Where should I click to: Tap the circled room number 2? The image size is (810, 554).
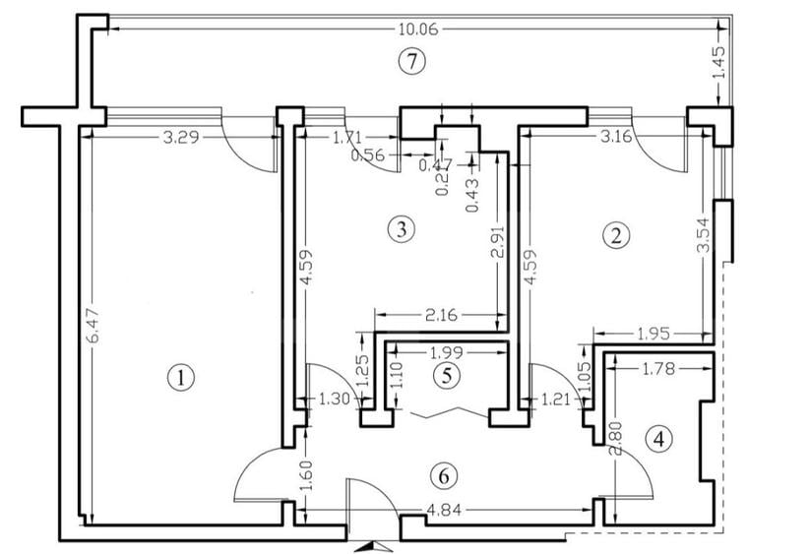[617, 235]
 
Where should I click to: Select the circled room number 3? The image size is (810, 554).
[399, 229]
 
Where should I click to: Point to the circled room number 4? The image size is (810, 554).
[660, 439]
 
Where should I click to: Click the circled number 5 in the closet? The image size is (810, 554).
[446, 375]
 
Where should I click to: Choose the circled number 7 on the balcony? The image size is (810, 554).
[412, 61]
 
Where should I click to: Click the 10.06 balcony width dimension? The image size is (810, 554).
[412, 30]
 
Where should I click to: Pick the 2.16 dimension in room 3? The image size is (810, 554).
[439, 316]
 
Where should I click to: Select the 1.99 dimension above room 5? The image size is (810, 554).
[447, 351]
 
